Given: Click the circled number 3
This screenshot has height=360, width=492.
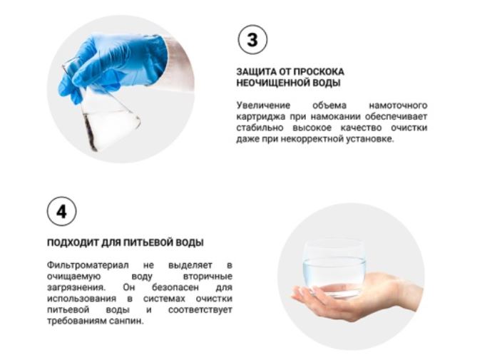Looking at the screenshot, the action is [x=252, y=40].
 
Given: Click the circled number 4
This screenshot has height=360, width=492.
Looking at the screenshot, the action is [x=61, y=211].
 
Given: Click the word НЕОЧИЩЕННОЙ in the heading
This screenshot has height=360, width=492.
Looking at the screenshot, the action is [x=273, y=83].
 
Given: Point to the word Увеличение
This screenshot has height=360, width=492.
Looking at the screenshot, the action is [x=263, y=106].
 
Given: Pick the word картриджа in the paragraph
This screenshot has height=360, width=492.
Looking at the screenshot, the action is [x=261, y=117].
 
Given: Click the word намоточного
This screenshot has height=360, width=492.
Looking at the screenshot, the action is [x=398, y=106].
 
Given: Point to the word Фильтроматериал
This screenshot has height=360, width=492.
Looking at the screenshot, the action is [x=88, y=265].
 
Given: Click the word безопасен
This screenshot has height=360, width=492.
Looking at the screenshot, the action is [x=175, y=287].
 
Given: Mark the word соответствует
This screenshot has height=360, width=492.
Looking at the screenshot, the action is [x=200, y=310].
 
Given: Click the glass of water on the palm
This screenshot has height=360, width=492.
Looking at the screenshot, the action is [x=334, y=268].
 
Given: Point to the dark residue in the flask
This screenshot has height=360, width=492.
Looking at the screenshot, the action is [x=90, y=133].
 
